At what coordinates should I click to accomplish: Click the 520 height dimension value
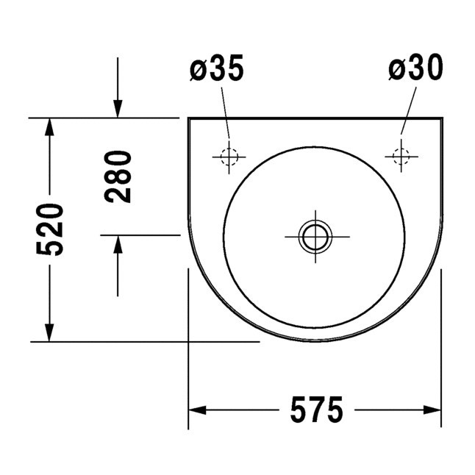pos(52,229)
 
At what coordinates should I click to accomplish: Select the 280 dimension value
pos(118,176)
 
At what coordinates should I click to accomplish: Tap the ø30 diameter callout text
pos(415,70)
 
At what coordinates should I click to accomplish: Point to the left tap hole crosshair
pos(228,156)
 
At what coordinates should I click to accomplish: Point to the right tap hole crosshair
pos(401,156)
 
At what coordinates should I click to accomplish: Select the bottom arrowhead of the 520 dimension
pos(49,334)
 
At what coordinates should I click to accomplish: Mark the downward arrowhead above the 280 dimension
pos(118,110)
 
